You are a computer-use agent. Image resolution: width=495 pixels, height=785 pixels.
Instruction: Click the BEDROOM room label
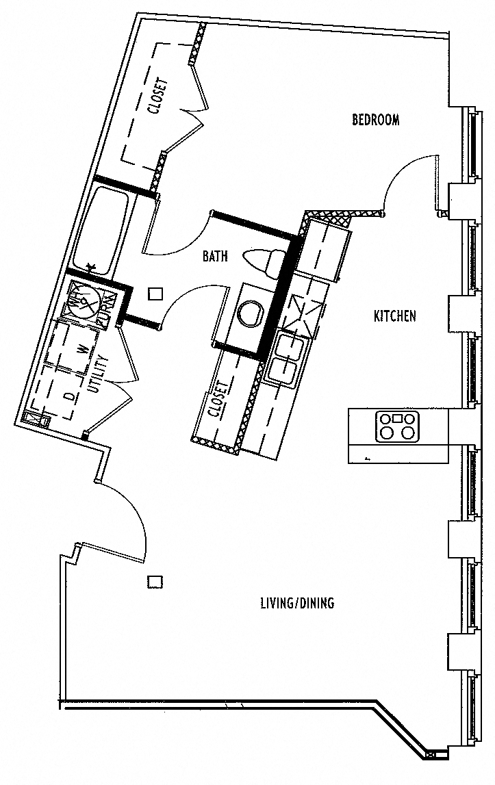pyautogui.click(x=375, y=120)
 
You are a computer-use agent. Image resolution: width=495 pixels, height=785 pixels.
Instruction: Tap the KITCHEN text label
pyautogui.click(x=395, y=316)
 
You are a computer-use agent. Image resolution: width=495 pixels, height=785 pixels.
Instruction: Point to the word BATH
pyautogui.click(x=215, y=256)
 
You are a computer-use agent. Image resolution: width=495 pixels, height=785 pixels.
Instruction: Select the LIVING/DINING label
pyautogui.click(x=297, y=603)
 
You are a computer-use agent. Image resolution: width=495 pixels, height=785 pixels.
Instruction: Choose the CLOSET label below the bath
pyautogui.click(x=218, y=399)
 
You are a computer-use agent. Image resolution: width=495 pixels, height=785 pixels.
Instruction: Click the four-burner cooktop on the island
pyautogui.click(x=397, y=426)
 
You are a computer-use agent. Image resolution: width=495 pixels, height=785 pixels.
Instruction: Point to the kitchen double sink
pyautogui.click(x=285, y=357)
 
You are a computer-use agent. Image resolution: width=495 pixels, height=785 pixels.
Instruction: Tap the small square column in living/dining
pyautogui.click(x=155, y=581)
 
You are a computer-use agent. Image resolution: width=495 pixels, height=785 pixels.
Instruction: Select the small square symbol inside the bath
pyautogui.click(x=156, y=294)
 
